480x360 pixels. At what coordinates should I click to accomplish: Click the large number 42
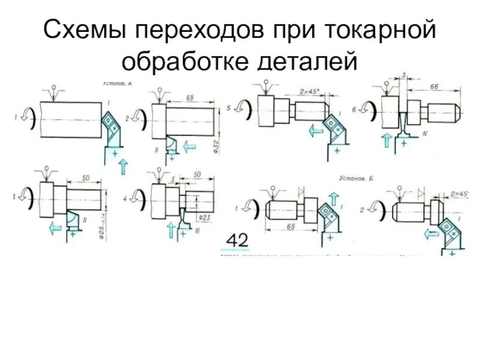coord(236,241)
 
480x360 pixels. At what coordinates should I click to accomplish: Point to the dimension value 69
coord(190,97)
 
